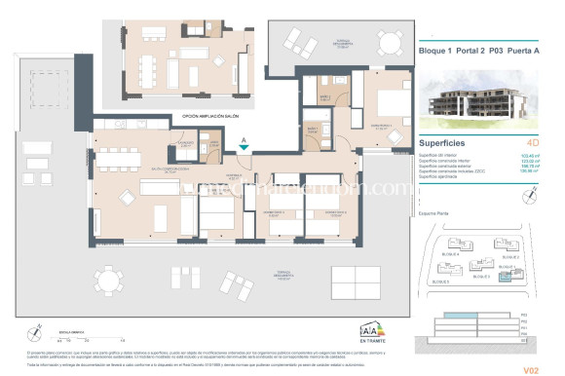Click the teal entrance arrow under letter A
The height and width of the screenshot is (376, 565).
tap(244, 147)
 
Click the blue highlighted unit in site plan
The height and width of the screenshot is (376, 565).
tap(505, 277)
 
